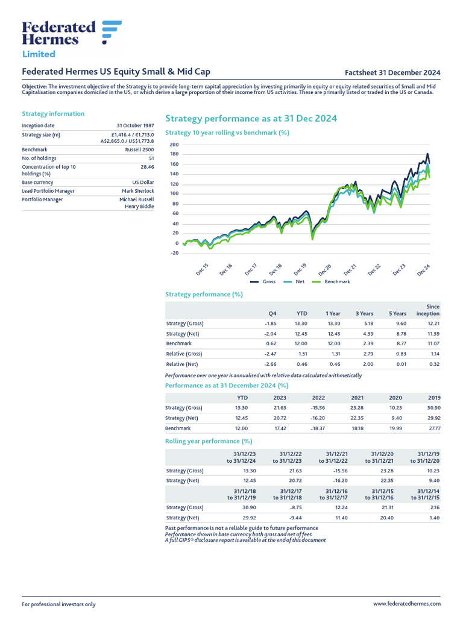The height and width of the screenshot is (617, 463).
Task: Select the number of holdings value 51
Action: (x=151, y=158)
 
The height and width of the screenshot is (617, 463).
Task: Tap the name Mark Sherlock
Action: (x=138, y=191)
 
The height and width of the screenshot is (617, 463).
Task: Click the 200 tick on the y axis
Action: (x=174, y=145)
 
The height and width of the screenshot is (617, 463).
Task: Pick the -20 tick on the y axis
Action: (x=174, y=253)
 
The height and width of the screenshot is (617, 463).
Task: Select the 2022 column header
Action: (x=318, y=398)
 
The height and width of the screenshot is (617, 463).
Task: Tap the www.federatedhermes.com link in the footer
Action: (x=407, y=604)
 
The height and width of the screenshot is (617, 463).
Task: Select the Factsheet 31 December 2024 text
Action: (x=397, y=72)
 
